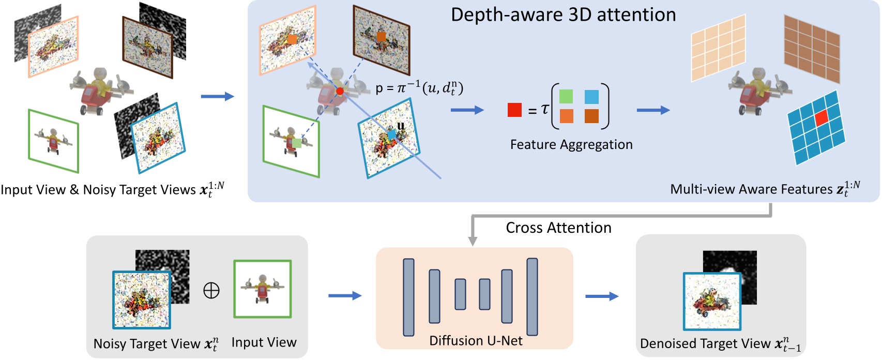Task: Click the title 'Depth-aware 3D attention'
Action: pyautogui.click(x=563, y=14)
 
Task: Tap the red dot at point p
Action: pyautogui.click(x=340, y=92)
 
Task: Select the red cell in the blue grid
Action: pyautogui.click(x=822, y=118)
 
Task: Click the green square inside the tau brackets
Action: pyautogui.click(x=566, y=97)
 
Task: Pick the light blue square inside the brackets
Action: pyautogui.click(x=591, y=97)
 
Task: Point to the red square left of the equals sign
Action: pyautogui.click(x=514, y=110)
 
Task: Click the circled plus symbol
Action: pyautogui.click(x=211, y=291)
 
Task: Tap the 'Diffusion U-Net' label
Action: pyautogui.click(x=476, y=341)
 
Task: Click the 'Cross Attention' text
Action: pyautogui.click(x=558, y=228)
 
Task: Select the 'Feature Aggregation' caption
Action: pyautogui.click(x=571, y=144)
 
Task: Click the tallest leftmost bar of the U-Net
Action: pyautogui.click(x=408, y=297)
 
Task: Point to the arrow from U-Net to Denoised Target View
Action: pyautogui.click(x=602, y=296)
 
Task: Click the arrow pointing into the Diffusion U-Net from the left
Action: pyautogui.click(x=345, y=296)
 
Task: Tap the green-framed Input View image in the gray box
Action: pyautogui.click(x=263, y=289)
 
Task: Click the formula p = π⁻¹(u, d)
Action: pyautogui.click(x=419, y=88)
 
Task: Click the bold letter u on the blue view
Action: pyautogui.click(x=401, y=126)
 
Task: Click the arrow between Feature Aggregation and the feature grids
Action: pyautogui.click(x=653, y=110)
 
